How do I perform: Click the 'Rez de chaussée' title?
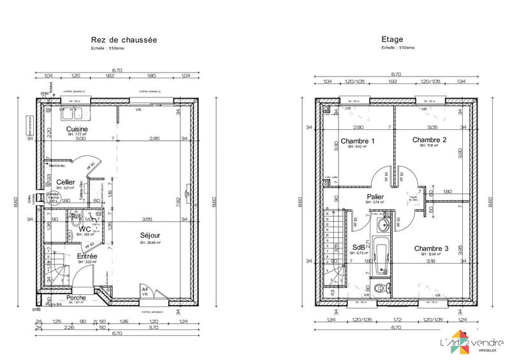[125, 40]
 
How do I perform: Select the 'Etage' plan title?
[392, 40]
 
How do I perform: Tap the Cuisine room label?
[76, 129]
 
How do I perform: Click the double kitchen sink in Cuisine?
[76, 113]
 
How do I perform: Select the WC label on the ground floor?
[84, 229]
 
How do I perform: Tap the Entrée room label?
[87, 256]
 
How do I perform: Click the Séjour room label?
[150, 236]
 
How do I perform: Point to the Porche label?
[76, 298]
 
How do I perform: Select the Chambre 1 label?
[358, 140]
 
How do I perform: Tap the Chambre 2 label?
[429, 140]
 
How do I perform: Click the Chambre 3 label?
[431, 248]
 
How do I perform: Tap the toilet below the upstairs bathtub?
[381, 288]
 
